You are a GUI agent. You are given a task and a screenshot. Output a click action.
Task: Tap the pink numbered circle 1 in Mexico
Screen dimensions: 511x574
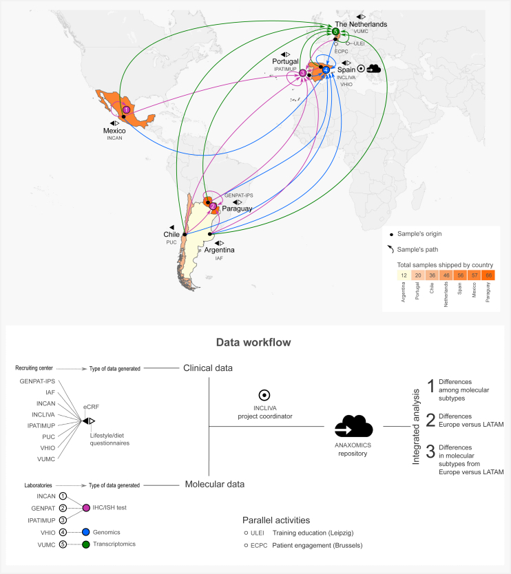click(126, 109)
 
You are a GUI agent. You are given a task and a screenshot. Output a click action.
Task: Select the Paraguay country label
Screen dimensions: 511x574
click(238, 209)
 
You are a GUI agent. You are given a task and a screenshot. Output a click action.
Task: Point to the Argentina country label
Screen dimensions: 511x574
click(219, 250)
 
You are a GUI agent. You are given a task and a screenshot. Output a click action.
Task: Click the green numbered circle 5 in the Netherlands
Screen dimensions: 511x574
click(335, 32)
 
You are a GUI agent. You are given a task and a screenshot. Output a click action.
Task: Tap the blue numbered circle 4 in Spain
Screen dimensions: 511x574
click(326, 70)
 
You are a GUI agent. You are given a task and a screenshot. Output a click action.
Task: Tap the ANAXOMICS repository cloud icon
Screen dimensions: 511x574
click(353, 427)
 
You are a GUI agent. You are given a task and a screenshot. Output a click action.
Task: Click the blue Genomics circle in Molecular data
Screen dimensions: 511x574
click(87, 532)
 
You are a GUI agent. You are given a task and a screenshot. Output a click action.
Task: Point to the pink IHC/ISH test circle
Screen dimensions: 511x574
click(87, 508)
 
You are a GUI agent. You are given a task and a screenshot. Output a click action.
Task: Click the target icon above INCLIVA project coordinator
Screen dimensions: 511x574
click(264, 396)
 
